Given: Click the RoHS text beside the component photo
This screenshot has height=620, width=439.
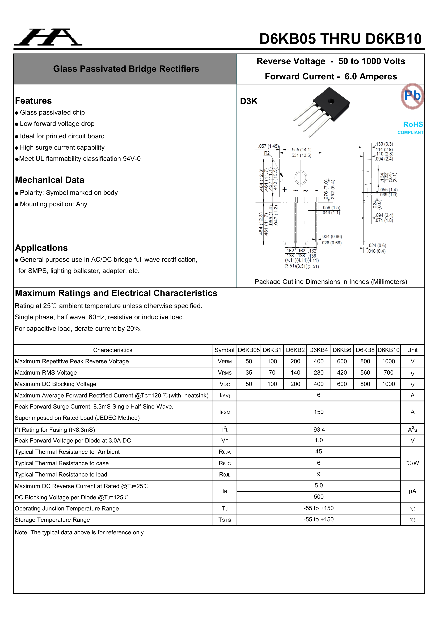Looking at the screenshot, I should point(413,124).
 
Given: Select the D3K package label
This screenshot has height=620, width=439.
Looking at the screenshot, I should point(249,101).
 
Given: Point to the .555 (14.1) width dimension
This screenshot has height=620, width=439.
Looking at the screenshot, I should point(301,150).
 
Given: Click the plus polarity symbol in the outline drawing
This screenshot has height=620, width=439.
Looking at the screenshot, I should point(284,190).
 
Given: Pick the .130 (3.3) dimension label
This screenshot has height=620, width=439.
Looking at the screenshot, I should point(384,144).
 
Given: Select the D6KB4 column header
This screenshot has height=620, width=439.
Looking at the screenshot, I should point(318,350).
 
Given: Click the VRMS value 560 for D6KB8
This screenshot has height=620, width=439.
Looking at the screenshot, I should point(365,373).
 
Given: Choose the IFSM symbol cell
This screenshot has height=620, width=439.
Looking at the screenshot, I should point(225,412).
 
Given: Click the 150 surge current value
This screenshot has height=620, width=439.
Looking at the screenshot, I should point(319,412).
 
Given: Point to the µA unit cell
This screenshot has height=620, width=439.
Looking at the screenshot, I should point(412,491).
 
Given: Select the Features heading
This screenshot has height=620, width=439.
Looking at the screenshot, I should point(33,101).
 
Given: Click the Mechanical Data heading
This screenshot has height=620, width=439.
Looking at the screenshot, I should point(49,180).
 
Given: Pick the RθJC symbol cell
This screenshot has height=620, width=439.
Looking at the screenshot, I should point(225,463).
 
